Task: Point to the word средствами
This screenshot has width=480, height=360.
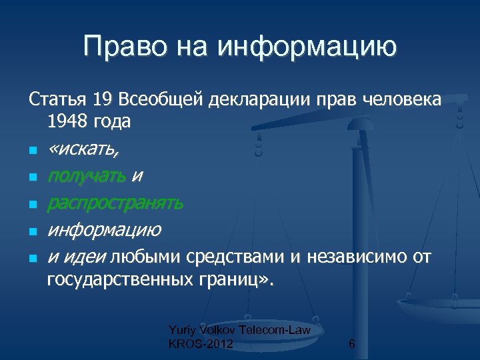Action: (233, 257)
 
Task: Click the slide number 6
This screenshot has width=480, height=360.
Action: (351, 344)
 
